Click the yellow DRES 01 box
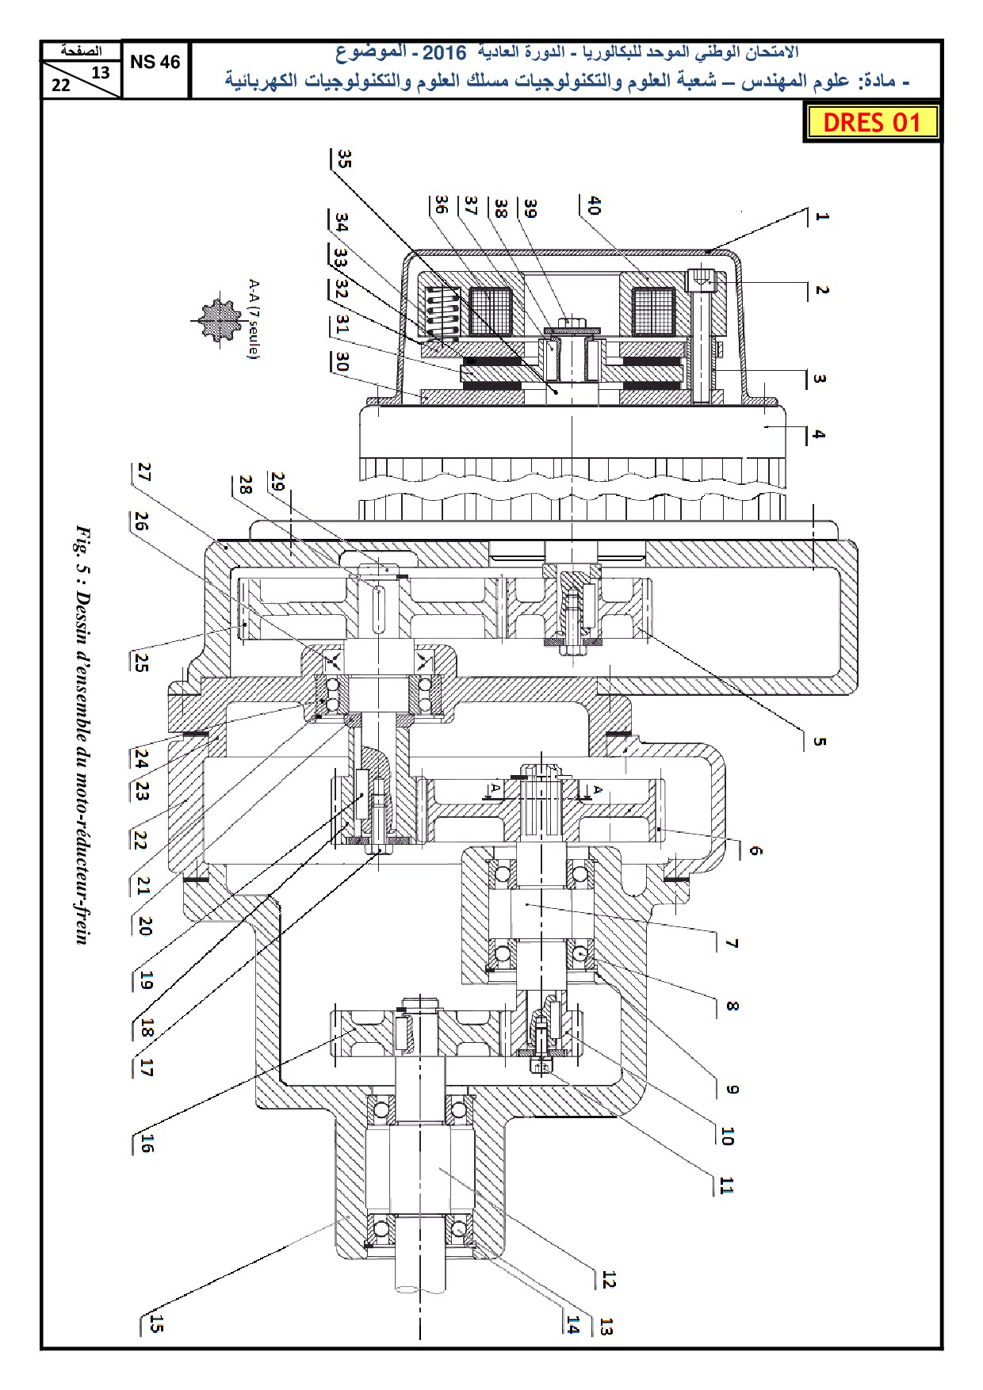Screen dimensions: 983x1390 [871, 123]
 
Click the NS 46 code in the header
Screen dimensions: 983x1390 [155, 62]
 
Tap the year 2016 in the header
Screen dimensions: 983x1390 [444, 53]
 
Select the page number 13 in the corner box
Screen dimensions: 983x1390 [101, 73]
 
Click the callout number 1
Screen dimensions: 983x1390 [821, 216]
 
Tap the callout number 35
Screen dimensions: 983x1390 [343, 158]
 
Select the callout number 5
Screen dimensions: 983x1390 [819, 742]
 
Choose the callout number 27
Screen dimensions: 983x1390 [143, 473]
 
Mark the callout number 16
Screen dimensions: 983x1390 [147, 1143]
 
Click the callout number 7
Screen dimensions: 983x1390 [732, 943]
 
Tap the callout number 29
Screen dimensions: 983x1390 [277, 481]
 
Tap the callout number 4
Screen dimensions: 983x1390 [819, 434]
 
